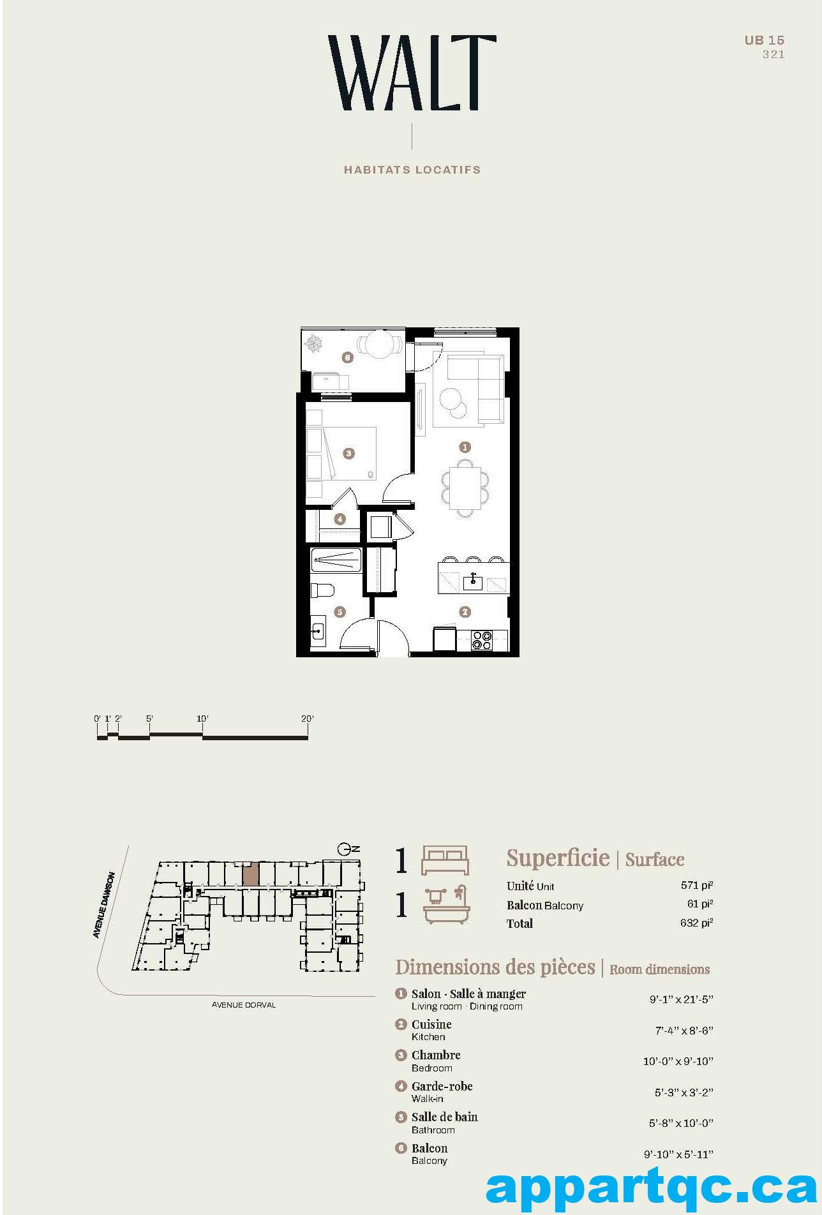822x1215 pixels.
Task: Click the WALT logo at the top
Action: pyautogui.click(x=412, y=73)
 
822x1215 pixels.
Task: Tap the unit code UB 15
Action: pyautogui.click(x=765, y=40)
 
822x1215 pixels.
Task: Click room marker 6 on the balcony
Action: pyautogui.click(x=348, y=357)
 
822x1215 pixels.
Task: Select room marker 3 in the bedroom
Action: pyautogui.click(x=348, y=453)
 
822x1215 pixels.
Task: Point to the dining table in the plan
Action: pyautogui.click(x=465, y=488)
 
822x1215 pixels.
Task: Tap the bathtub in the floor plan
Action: pyautogui.click(x=336, y=561)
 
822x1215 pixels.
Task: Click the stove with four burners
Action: pyautogui.click(x=481, y=640)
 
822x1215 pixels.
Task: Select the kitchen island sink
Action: pyautogui.click(x=473, y=582)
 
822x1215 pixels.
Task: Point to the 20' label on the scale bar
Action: pyautogui.click(x=308, y=719)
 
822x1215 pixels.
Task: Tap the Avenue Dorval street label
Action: pyautogui.click(x=244, y=1005)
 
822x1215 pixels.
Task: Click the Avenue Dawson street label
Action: pyautogui.click(x=104, y=905)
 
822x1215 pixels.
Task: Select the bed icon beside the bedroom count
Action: pyautogui.click(x=445, y=861)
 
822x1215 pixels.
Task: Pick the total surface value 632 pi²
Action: pyautogui.click(x=696, y=923)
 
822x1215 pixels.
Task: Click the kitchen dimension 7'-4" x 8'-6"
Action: pyautogui.click(x=684, y=1030)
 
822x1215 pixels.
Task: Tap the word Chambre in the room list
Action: pyautogui.click(x=436, y=1055)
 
